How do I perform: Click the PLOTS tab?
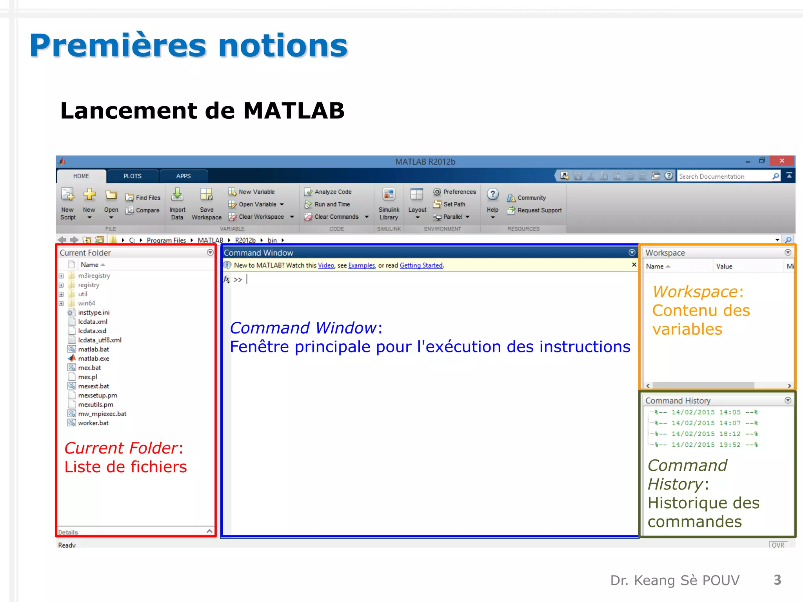tap(133, 176)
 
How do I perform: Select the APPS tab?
tap(183, 176)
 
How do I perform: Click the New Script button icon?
tap(68, 195)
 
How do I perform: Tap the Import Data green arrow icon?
tap(177, 194)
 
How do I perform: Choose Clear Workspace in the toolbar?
tap(261, 217)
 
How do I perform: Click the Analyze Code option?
tap(332, 192)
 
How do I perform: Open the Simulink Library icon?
tap(389, 195)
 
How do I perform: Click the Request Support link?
tap(539, 210)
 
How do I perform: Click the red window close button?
tap(782, 161)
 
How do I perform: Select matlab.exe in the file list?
tap(93, 359)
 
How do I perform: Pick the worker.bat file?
tap(93, 423)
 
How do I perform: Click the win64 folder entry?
tap(86, 303)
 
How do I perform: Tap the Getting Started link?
tap(421, 265)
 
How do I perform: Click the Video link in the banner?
tap(326, 265)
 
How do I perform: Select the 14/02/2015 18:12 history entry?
tap(706, 434)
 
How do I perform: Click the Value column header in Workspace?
tap(724, 267)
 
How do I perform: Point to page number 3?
tap(777, 580)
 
